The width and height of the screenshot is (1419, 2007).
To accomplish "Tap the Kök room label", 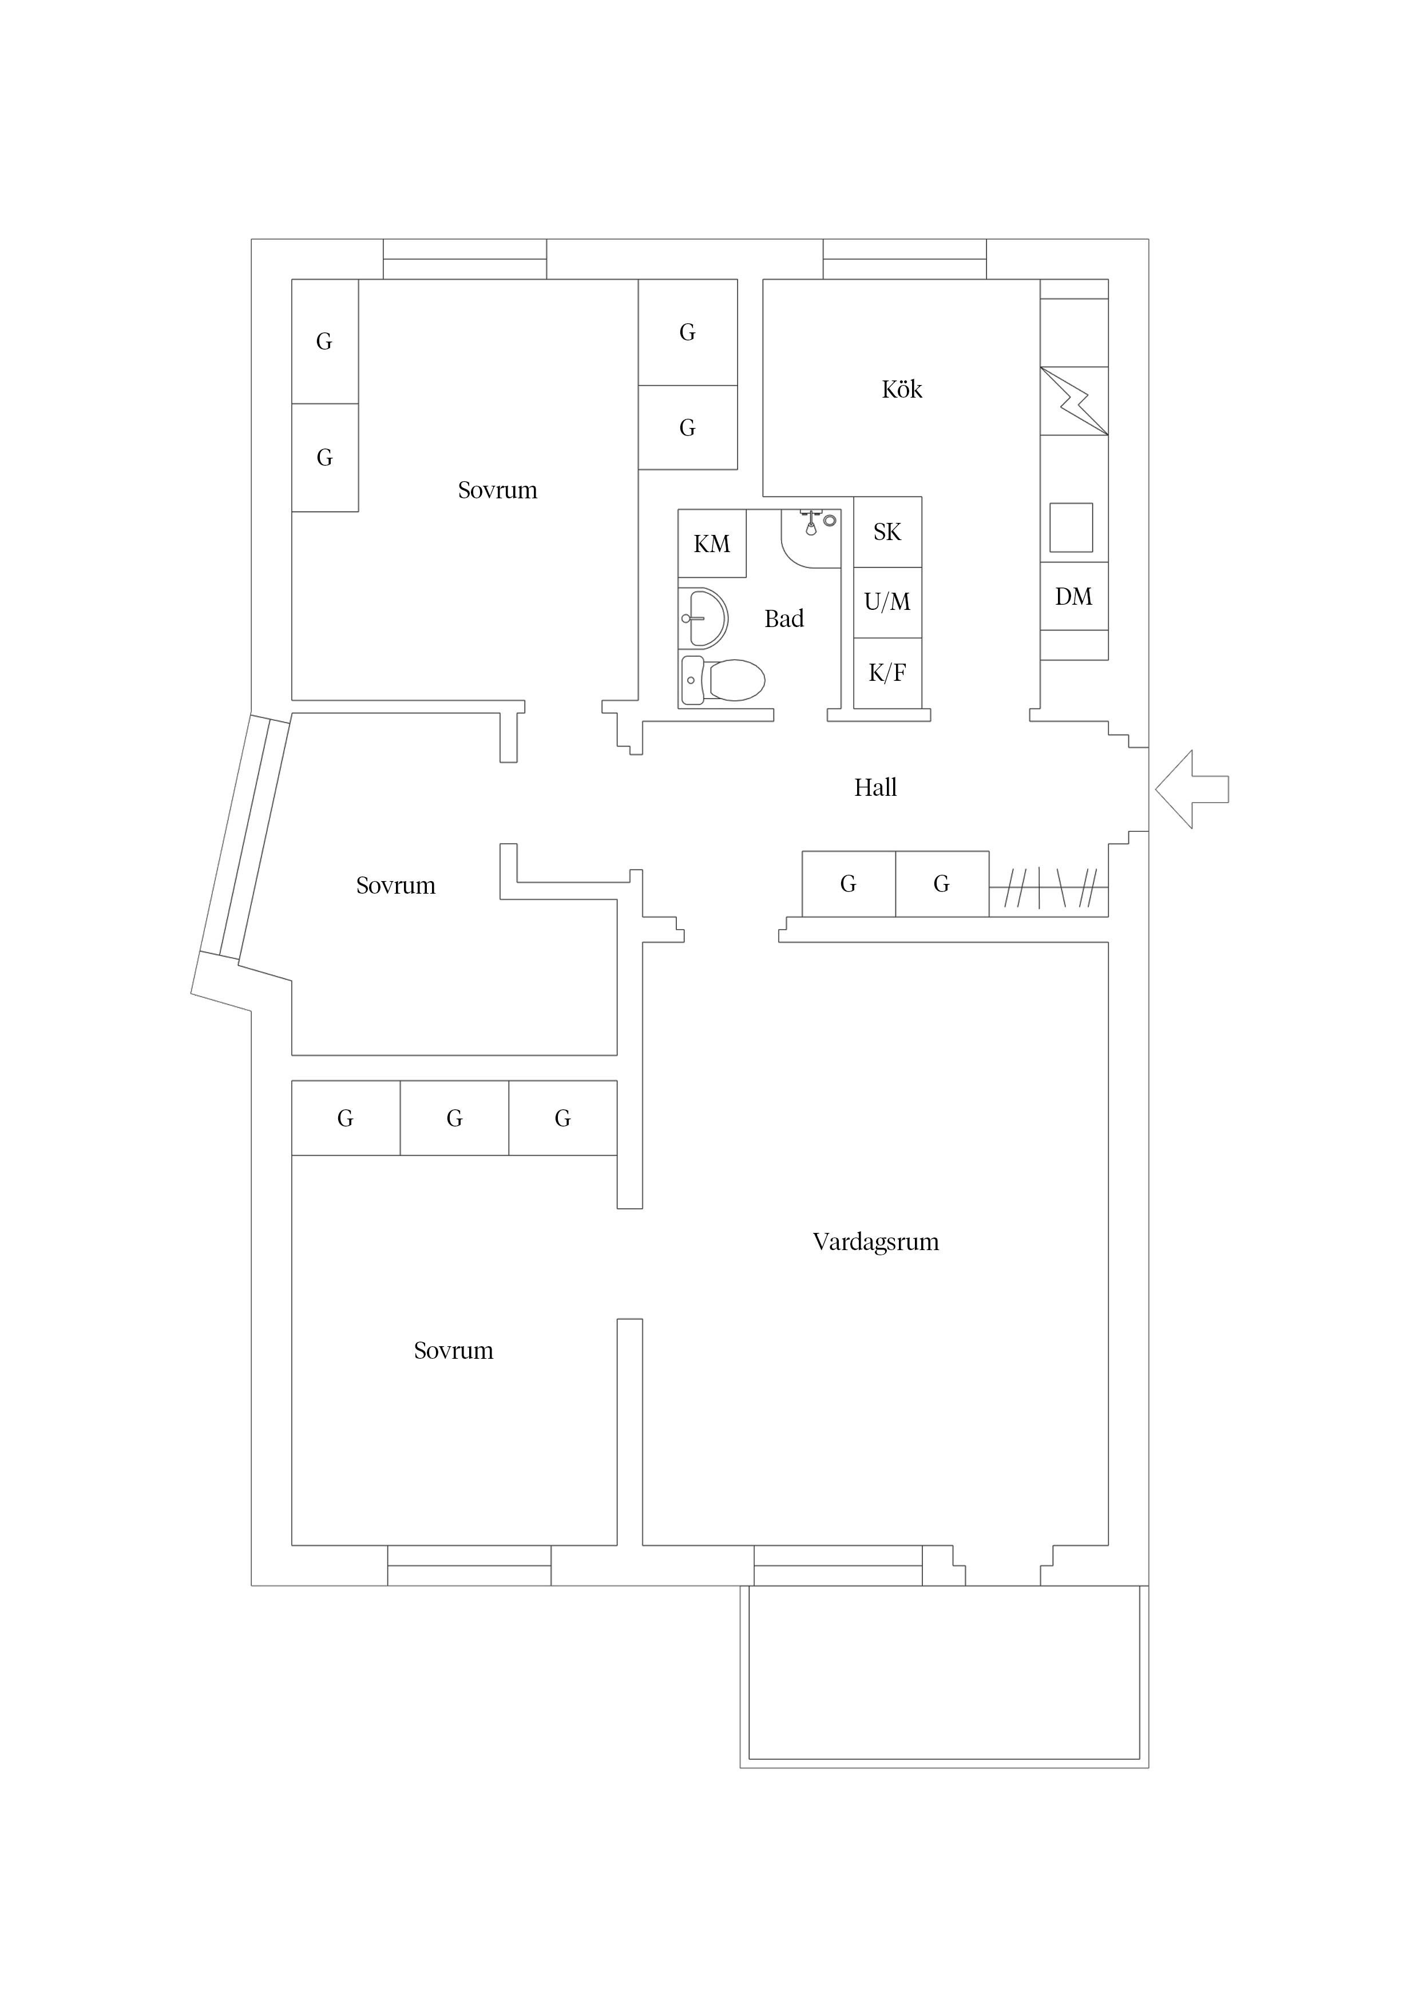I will pos(901,390).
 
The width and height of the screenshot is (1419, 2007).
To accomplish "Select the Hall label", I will pos(875,788).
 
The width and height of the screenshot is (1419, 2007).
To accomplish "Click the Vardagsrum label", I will pos(875,1242).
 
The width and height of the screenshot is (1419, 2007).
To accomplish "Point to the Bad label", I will pos(783,619).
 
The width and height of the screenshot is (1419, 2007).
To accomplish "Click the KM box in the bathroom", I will pos(712,544).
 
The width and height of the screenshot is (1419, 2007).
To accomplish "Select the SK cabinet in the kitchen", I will pos(887,532).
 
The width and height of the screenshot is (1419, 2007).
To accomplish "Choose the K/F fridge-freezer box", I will pos(887,673).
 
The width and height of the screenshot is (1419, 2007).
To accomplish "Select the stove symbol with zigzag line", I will pos(1073,401).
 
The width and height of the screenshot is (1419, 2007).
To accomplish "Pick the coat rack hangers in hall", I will pos(1048,887).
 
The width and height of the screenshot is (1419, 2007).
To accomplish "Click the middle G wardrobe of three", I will pos(454,1118).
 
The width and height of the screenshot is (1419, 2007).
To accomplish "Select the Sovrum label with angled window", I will pos(395,886).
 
